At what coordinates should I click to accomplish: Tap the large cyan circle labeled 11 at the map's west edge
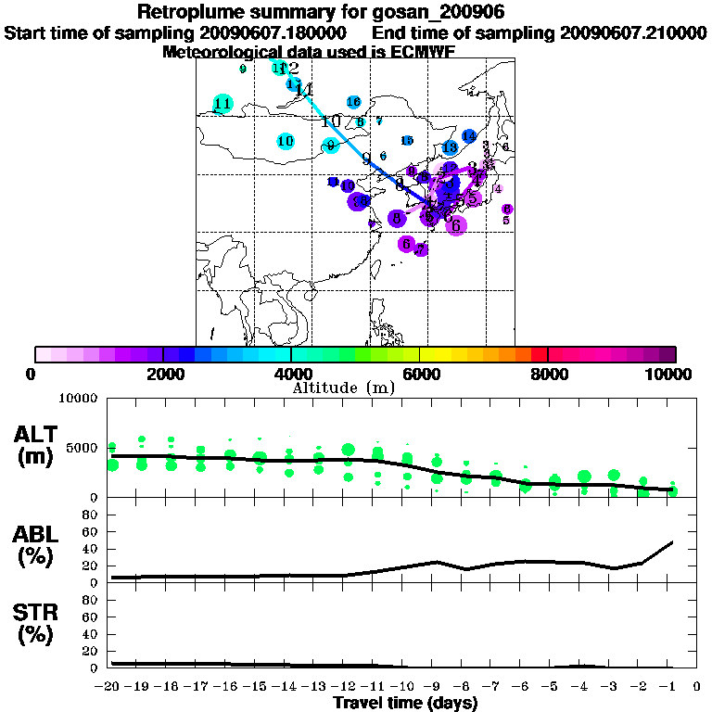click(x=222, y=104)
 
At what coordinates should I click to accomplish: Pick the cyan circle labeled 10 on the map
click(x=286, y=141)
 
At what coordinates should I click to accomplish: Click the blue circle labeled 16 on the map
click(x=353, y=102)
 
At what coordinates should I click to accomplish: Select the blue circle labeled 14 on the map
click(x=469, y=136)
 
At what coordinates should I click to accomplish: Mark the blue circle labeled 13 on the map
click(x=450, y=147)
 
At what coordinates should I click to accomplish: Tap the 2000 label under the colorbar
click(x=163, y=374)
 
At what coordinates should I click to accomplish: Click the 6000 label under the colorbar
click(x=420, y=374)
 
